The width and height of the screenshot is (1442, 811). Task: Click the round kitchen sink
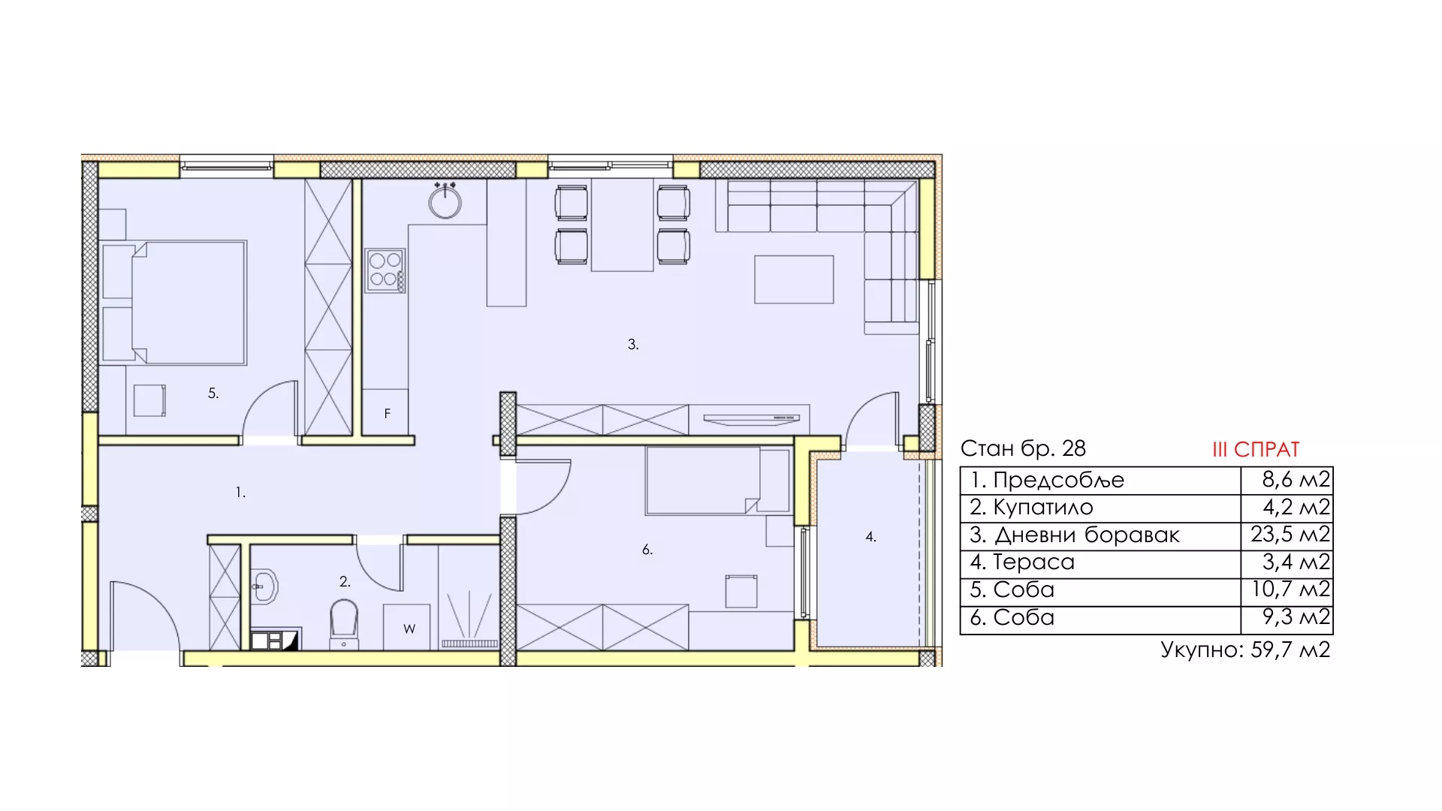445,200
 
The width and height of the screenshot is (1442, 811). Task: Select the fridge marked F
386,412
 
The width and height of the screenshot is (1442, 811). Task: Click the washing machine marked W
407,627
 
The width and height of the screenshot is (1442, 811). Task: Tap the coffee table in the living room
794,279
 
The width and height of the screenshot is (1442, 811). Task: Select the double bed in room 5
188,303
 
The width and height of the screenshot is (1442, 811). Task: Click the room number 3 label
633,345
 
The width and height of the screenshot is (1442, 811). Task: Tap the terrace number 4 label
870,537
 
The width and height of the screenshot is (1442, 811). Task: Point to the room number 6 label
647,550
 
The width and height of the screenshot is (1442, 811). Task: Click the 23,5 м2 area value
1290,535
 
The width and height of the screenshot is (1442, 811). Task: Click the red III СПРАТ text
1256,449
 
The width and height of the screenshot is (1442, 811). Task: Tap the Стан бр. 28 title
1023,448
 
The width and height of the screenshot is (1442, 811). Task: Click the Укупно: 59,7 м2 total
1245,650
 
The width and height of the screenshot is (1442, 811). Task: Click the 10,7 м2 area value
1290,589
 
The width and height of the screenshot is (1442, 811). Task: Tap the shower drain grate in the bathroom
469,644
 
